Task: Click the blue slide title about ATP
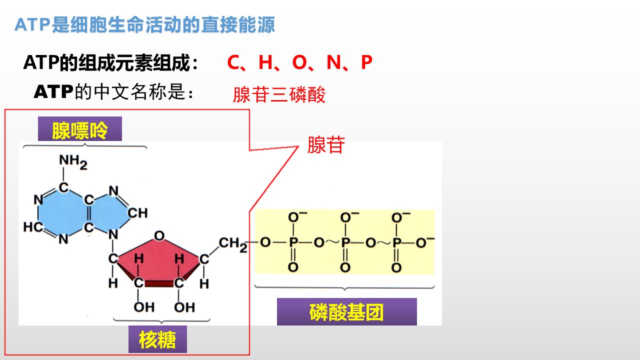tap(144, 24)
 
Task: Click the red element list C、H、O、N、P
tap(299, 62)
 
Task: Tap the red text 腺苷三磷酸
tap(279, 94)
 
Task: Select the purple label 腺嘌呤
tap(80, 129)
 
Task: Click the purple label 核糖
tap(157, 339)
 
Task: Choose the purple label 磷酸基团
tap(347, 311)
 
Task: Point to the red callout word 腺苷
tap(326, 145)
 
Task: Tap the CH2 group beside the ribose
tap(233, 244)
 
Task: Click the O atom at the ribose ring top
tap(159, 236)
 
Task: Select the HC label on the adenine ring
tap(33, 227)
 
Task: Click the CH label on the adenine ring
tap(137, 213)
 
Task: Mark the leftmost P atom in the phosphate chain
tap(293, 242)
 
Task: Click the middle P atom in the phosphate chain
tap(345, 242)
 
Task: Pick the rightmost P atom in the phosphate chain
tap(396, 242)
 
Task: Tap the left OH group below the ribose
tap(144, 307)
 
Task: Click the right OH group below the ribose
tap(184, 307)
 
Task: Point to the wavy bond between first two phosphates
tap(332, 242)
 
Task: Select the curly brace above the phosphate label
tap(344, 287)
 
